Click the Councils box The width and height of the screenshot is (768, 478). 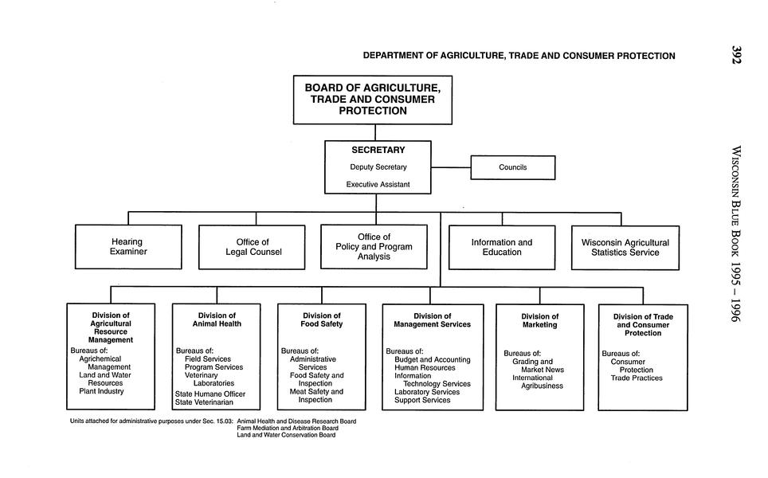pos(512,167)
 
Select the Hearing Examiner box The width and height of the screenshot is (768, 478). pos(128,247)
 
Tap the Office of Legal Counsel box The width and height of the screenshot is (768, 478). pos(252,247)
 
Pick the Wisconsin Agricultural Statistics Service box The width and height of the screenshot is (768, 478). pos(625,247)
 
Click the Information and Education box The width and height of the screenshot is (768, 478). pos(501,247)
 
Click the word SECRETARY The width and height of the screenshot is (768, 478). pos(378,150)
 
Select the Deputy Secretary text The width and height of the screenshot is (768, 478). pos(378,167)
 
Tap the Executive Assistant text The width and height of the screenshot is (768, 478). pos(378,185)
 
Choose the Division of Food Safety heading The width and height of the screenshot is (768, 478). pos(321,320)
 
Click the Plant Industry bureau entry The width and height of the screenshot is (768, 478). pos(101,391)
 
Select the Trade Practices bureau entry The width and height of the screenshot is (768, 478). pos(636,378)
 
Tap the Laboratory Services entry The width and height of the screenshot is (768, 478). pos(426,392)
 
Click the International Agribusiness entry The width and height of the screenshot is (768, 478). pos(538,382)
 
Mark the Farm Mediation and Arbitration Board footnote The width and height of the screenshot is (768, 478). pos(287,428)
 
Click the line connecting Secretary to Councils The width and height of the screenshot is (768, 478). pos(451,167)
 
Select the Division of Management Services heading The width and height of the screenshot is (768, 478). pos(432,320)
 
